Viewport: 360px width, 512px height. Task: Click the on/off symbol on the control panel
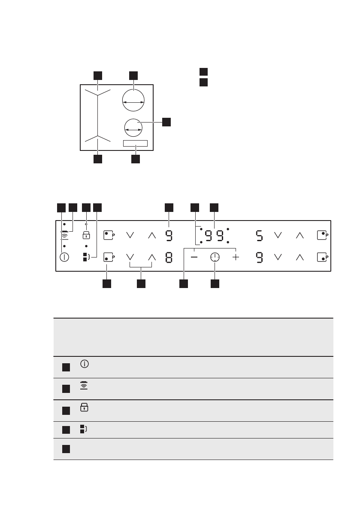click(64, 257)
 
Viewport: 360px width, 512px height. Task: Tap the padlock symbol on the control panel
click(86, 235)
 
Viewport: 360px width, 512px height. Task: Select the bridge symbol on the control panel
click(86, 258)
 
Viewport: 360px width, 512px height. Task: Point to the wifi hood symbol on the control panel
click(64, 235)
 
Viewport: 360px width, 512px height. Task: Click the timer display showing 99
click(214, 236)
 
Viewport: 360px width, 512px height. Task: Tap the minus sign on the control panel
click(195, 257)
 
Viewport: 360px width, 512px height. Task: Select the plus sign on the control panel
click(236, 257)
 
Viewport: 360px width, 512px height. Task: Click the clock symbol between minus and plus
click(215, 257)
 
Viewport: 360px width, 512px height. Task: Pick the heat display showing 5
click(259, 235)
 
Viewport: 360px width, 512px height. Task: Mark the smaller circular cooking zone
click(133, 128)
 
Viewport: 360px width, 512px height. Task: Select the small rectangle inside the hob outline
click(135, 143)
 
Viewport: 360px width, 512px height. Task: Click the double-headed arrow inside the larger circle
click(133, 103)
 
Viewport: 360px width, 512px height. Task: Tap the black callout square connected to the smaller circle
click(166, 122)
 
